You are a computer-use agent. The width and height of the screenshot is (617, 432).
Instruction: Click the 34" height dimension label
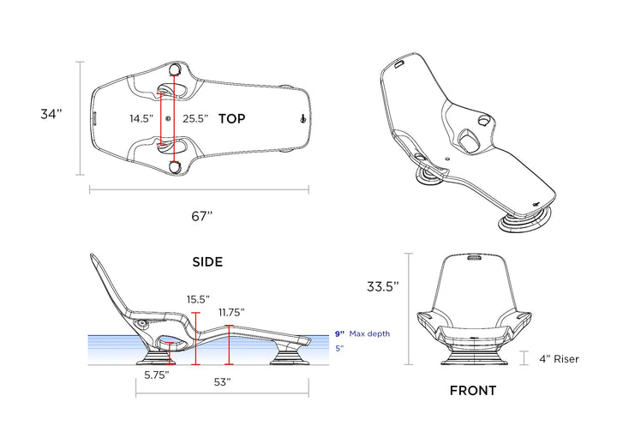[52, 115]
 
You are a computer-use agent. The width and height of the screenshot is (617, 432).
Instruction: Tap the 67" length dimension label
[201, 216]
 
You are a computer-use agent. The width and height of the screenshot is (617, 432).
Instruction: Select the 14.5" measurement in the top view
[142, 119]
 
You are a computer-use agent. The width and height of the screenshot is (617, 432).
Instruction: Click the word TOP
[231, 119]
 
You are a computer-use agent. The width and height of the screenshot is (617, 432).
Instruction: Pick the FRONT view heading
[473, 391]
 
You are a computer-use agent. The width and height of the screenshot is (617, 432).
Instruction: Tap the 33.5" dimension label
[382, 288]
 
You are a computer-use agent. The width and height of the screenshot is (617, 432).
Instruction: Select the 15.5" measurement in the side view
[199, 299]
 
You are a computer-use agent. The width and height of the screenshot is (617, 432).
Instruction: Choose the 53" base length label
[223, 382]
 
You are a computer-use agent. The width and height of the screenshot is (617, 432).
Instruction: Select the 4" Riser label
[559, 359]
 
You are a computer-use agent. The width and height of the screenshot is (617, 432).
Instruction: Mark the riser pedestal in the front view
[473, 356]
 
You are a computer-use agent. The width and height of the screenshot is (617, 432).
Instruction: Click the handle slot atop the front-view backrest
[473, 256]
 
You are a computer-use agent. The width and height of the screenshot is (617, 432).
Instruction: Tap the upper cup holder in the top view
[175, 69]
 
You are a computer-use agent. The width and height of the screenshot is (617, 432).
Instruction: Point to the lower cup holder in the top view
[175, 168]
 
